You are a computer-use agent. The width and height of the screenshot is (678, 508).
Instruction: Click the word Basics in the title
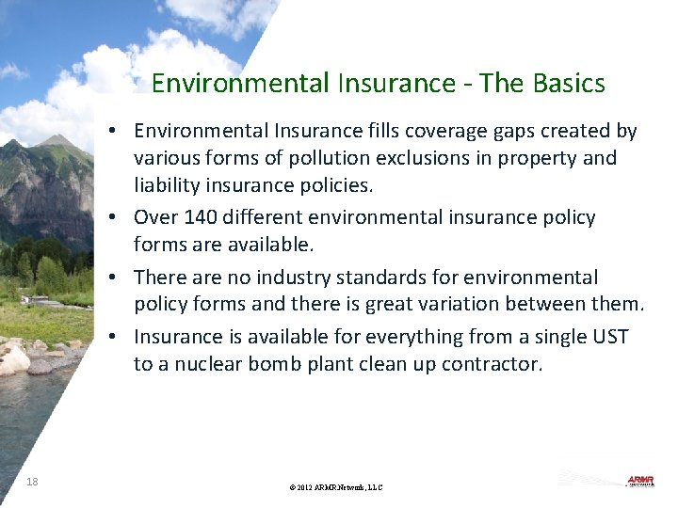pyautogui.click(x=568, y=84)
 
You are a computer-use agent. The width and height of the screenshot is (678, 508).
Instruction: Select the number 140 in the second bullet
pyautogui.click(x=199, y=217)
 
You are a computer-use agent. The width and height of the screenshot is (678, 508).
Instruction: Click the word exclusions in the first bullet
pyautogui.click(x=399, y=158)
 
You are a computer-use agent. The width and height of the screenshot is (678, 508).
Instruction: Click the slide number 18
pyautogui.click(x=32, y=483)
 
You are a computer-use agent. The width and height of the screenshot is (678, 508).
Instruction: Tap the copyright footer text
pyautogui.click(x=336, y=487)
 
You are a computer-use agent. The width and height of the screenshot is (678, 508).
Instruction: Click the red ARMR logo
pyautogui.click(x=640, y=481)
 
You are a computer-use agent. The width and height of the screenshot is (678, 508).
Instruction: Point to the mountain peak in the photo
pyautogui.click(x=58, y=141)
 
